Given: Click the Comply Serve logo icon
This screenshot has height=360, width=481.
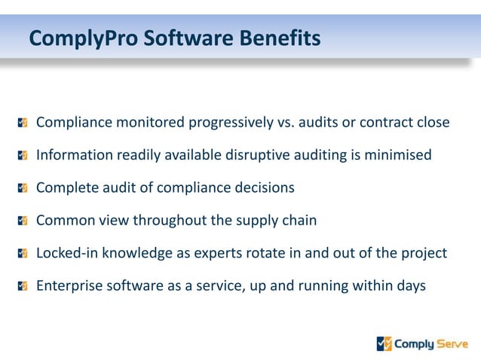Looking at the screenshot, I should (384, 344).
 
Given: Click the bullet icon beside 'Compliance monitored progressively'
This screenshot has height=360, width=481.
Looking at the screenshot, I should (23, 122).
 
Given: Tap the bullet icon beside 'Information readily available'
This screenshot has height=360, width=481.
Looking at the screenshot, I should (23, 155).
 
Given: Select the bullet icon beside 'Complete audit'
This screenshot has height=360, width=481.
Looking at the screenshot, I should (23, 188).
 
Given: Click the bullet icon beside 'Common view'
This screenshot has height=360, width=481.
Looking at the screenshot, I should (23, 221).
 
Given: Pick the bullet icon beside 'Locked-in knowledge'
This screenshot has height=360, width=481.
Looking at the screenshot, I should (23, 253).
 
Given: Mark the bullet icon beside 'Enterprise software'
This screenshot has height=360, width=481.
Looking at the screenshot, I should (23, 286).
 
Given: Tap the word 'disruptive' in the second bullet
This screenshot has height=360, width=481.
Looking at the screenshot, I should (259, 155).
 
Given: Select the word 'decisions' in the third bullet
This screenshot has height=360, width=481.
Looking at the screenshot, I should (264, 188).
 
